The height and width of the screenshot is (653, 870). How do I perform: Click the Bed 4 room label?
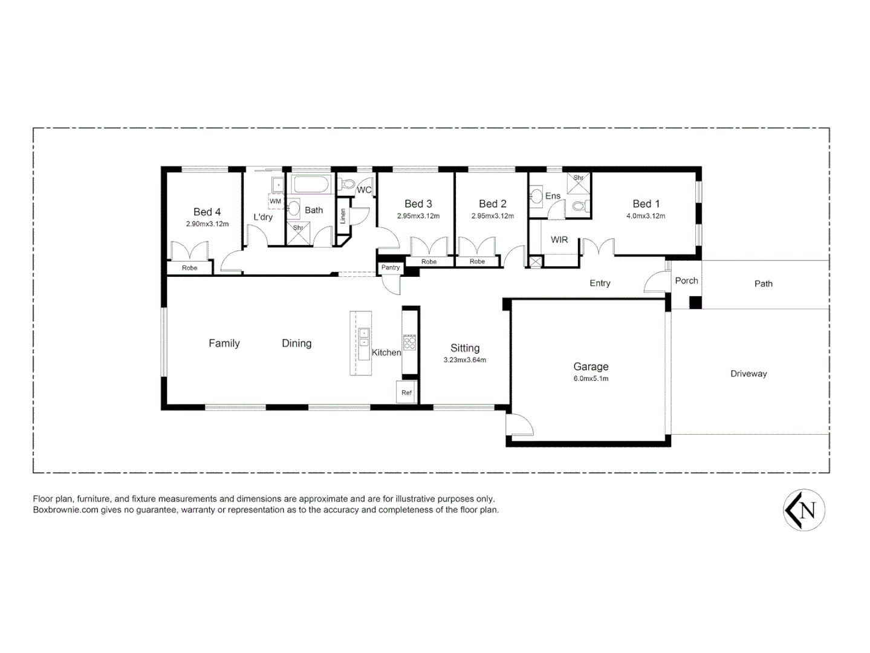207,212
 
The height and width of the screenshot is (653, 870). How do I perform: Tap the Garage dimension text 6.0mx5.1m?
591,378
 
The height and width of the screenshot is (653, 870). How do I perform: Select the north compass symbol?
804,510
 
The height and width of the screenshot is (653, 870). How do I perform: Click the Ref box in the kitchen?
406,392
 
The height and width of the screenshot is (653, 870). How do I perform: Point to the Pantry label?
391,267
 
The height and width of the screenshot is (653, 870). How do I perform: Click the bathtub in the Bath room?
311,184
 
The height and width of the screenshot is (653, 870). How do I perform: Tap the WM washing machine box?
276,201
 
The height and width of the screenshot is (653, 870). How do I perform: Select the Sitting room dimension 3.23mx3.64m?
464,360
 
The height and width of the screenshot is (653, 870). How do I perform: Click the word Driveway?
748,374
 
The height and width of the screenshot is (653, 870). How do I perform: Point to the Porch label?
686,281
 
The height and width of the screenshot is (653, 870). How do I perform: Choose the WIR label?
559,239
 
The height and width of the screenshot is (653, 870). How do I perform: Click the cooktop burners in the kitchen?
410,343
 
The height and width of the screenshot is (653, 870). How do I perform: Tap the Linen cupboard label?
343,216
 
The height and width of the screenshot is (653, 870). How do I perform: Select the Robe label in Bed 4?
189,268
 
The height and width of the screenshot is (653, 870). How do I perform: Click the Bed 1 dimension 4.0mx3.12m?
646,216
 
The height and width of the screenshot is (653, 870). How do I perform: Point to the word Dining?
296,343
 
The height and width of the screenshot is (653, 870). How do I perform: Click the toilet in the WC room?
348,184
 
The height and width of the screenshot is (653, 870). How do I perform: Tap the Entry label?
600,283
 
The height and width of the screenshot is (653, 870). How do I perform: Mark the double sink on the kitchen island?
363,337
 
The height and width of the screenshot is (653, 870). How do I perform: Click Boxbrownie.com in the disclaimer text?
65,510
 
